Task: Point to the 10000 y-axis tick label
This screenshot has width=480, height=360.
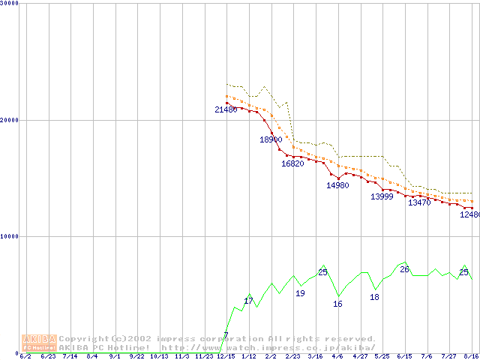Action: click(10, 236)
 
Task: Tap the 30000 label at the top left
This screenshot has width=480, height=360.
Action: click(10, 4)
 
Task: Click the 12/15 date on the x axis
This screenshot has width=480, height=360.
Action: click(226, 356)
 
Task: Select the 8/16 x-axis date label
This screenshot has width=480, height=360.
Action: click(472, 356)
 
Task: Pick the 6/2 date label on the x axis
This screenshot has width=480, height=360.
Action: click(25, 356)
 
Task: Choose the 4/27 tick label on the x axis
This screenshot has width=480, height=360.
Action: click(360, 356)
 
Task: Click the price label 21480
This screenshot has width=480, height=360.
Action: click(226, 110)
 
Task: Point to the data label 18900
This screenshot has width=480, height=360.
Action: click(271, 139)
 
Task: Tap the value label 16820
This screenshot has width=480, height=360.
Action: click(292, 163)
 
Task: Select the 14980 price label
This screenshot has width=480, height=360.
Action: click(337, 185)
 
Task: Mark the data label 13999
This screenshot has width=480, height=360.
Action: click(382, 196)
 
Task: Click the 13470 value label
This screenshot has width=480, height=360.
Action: click(419, 202)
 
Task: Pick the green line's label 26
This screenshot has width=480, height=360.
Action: click(404, 269)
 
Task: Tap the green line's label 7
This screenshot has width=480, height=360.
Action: click(226, 335)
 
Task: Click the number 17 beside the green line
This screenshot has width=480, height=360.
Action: click(248, 301)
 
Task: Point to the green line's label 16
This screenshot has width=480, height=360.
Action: click(337, 304)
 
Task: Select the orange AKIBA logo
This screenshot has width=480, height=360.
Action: click(39, 343)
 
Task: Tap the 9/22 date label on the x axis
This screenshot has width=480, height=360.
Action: click(136, 356)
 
